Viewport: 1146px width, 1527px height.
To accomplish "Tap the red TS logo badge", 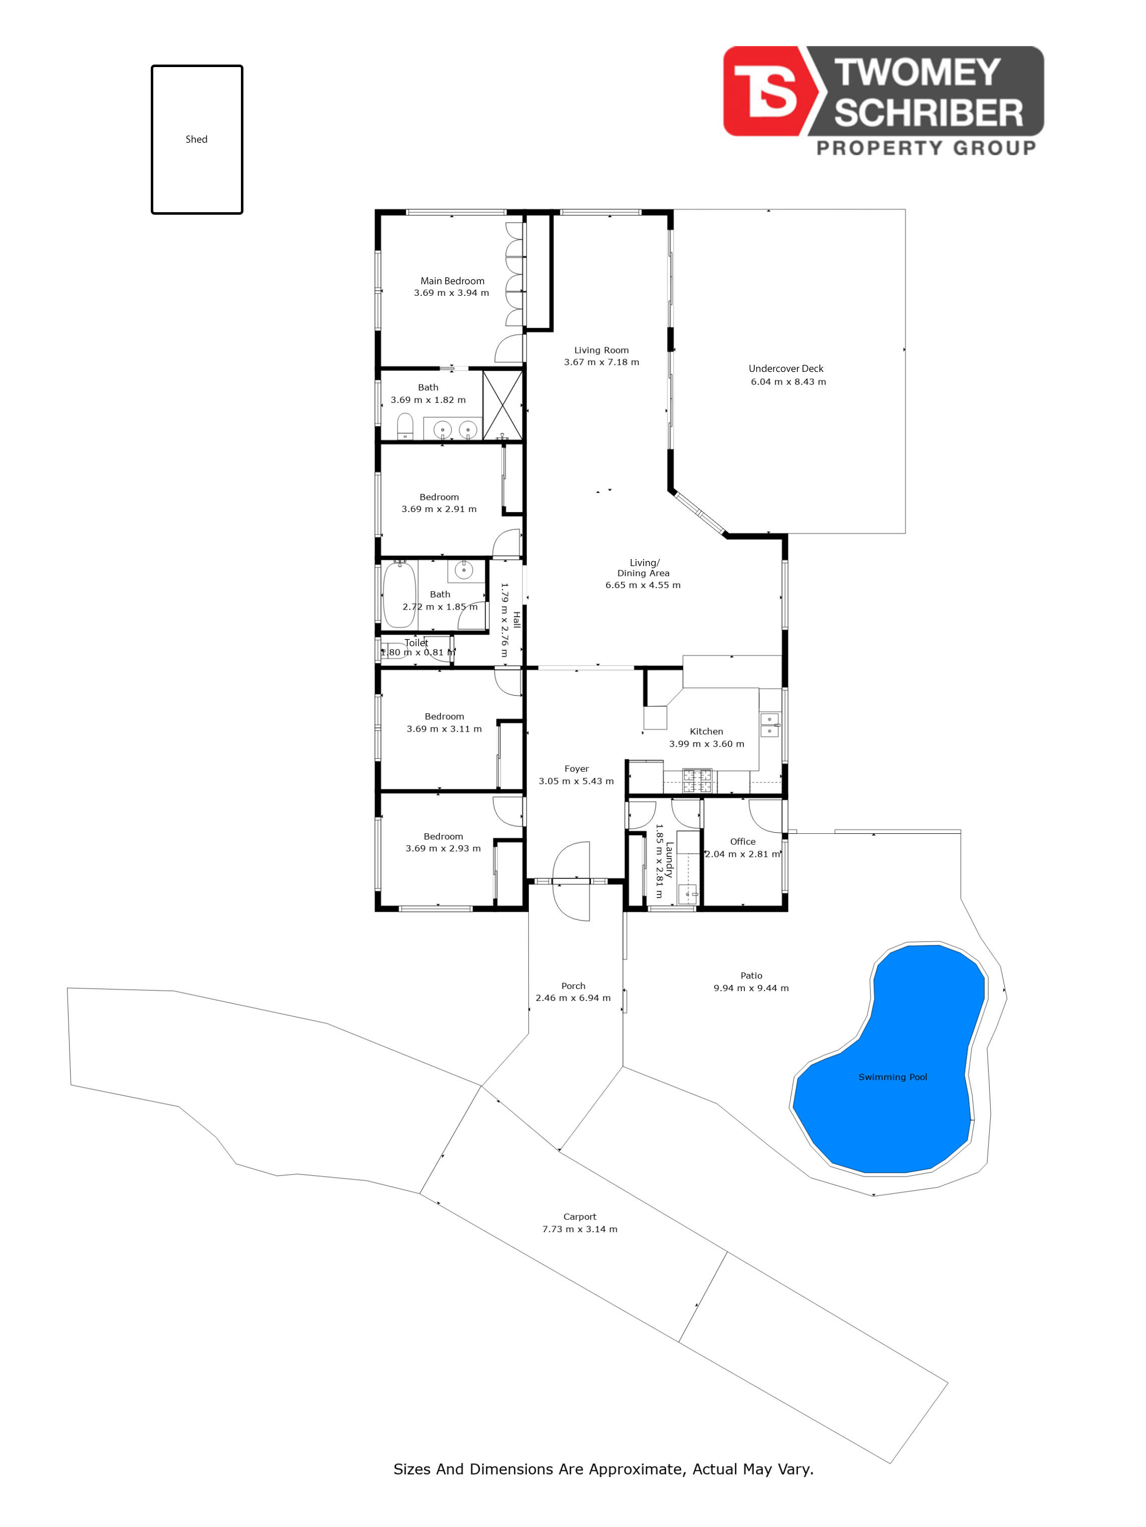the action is (769, 91).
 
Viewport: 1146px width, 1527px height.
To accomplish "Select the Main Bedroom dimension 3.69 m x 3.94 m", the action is (451, 293).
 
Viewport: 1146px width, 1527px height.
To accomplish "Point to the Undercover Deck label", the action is (785, 369).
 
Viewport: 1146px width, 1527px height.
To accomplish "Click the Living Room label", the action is (601, 350).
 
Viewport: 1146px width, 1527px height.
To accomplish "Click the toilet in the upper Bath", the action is (406, 426).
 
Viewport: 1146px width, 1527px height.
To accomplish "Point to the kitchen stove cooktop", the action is (698, 780).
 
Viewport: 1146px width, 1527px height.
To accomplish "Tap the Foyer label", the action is (576, 768).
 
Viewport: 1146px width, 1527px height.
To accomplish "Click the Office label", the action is (743, 841).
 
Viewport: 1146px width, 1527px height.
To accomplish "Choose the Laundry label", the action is (669, 859).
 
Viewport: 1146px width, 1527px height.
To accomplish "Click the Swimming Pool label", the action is (893, 1077).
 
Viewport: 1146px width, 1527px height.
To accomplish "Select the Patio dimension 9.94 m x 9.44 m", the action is (751, 988).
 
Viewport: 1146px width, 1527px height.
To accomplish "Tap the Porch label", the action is (574, 986).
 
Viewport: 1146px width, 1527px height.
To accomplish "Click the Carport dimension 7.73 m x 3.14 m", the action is (580, 1229).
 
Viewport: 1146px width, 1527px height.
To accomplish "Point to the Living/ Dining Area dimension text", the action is (643, 585).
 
